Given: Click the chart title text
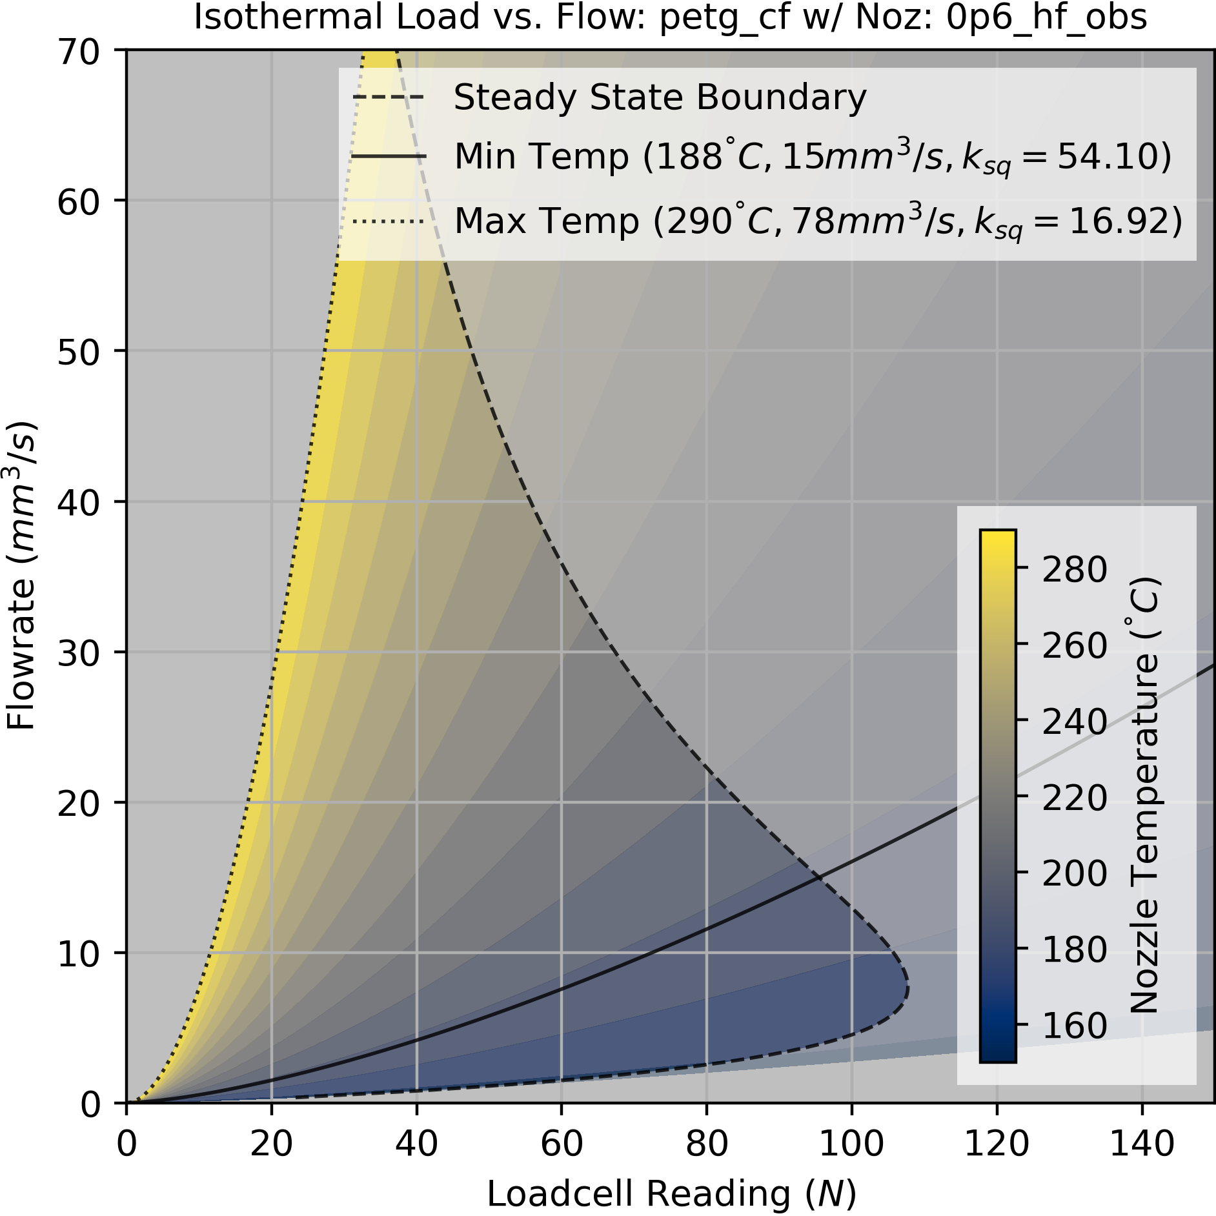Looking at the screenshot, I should click(x=670, y=17).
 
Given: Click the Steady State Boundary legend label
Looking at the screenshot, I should click(x=660, y=98).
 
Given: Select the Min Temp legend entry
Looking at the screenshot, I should click(x=812, y=157).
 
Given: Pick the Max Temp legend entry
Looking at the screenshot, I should click(x=818, y=221).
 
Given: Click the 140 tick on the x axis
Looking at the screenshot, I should click(x=1142, y=1144).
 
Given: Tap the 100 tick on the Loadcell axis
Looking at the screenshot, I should click(x=851, y=1144).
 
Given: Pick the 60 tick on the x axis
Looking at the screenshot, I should click(x=562, y=1144).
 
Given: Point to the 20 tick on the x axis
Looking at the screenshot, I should click(x=271, y=1144).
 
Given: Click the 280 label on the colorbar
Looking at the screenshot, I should click(x=1074, y=569).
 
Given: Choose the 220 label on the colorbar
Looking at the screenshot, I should click(x=1074, y=798).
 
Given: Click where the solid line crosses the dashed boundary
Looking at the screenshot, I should click(x=818, y=877).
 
